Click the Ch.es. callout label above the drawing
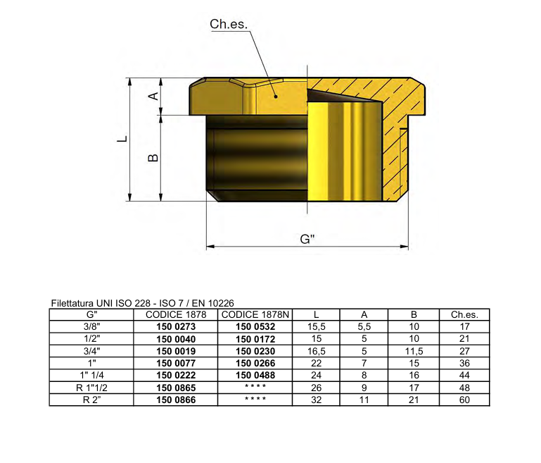229,24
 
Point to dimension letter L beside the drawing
122,139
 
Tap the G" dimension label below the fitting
307,239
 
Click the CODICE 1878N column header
255,315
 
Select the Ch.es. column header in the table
464,315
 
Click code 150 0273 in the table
175,327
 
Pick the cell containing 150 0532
255,327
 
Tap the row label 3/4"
91,351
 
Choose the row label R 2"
91,400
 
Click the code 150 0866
175,400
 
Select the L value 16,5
316,351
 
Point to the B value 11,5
414,351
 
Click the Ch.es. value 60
464,400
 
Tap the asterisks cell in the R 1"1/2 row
255,388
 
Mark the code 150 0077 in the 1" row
175,363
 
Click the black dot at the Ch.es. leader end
276,97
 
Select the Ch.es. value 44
464,375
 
